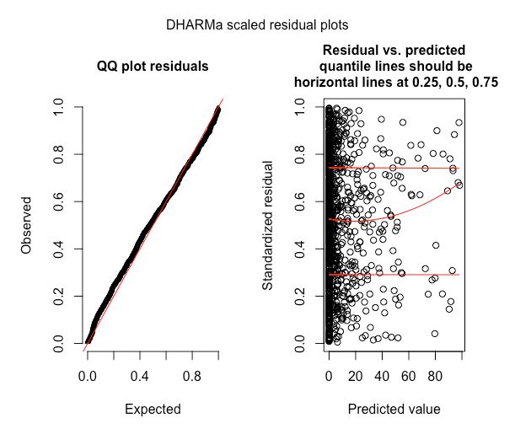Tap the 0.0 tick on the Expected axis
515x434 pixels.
(x=88, y=373)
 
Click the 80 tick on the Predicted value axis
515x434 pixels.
(x=435, y=373)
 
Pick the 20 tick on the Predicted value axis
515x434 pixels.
(x=355, y=373)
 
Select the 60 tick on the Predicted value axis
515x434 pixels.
(x=408, y=373)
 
